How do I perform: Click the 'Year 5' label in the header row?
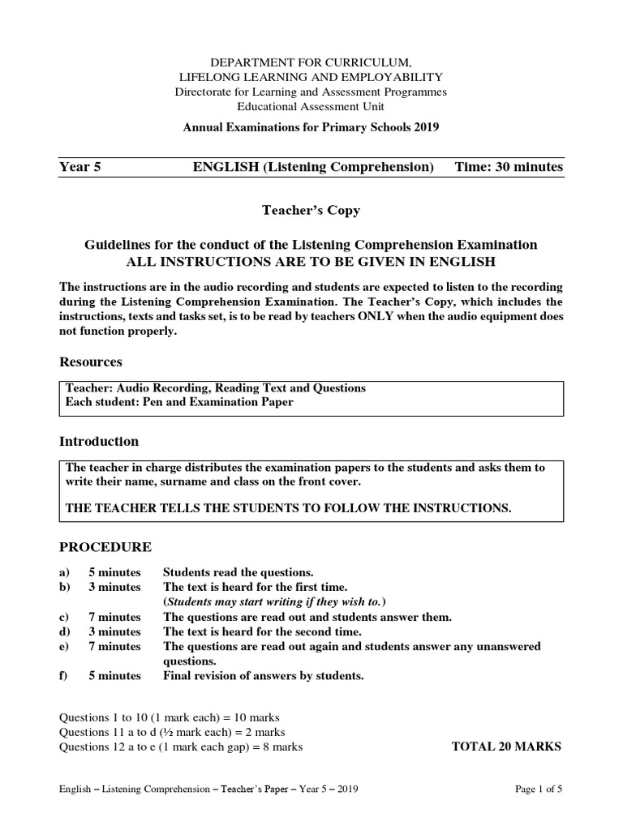coord(79,167)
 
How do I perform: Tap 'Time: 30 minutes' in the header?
coord(509,167)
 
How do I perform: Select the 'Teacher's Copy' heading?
coord(311,211)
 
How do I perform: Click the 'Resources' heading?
coord(91,362)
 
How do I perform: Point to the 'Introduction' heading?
coord(99,442)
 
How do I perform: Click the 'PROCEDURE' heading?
coord(105,547)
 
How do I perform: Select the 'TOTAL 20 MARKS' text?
coord(505,747)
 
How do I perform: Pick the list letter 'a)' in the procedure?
coord(66,572)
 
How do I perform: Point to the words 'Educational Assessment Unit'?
coord(311,106)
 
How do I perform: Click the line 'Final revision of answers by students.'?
coord(264,675)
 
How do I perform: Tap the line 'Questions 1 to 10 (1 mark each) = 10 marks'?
coord(170,717)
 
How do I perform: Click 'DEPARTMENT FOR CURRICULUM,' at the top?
coord(311,62)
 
